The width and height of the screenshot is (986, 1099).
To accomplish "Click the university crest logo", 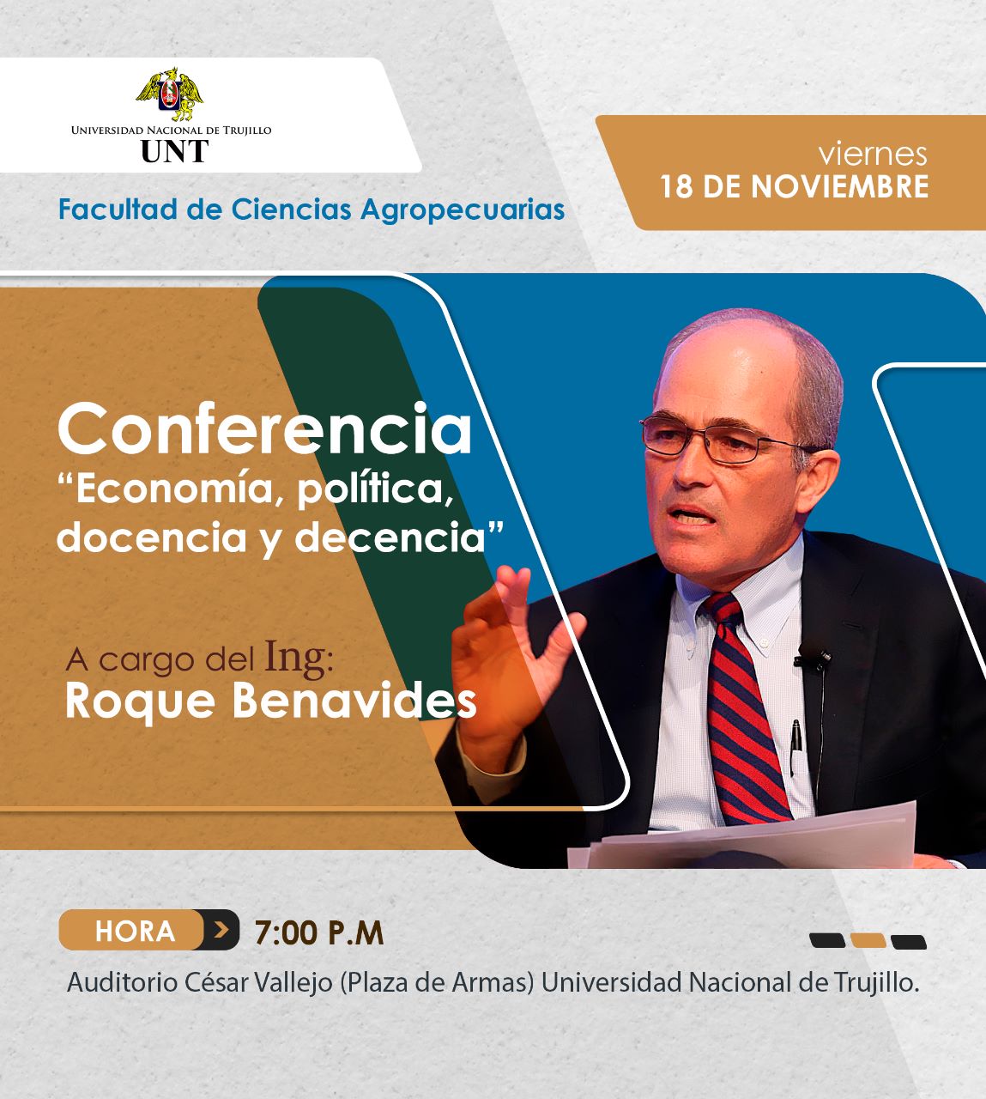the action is pos(170,94).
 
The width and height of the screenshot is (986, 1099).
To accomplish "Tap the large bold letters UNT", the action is pos(174,151).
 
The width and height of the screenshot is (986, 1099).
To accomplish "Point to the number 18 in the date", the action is pos(676,186).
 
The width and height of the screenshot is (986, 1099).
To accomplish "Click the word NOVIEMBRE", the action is pos(839,186).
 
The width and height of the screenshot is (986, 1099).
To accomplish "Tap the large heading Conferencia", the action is pos(264,429).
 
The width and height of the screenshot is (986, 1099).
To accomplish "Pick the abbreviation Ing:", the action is pos(299,658).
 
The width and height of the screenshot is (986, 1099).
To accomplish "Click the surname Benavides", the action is pos(355,701).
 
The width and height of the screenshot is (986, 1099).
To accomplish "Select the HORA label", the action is pos(135,932).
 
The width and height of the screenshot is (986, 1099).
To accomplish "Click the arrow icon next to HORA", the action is pos(221,931).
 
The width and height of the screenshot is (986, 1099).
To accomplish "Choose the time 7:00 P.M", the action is pos(319,932).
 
